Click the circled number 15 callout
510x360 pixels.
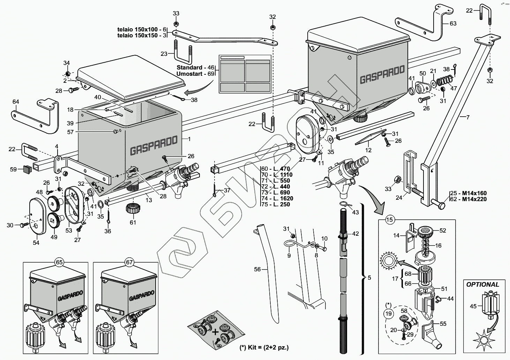pos(390,220)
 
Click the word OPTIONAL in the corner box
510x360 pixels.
pos(482,285)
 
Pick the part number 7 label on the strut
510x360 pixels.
pos(468,117)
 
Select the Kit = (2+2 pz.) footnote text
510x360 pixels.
pos(264,347)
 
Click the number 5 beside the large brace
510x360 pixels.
pos(369,278)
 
